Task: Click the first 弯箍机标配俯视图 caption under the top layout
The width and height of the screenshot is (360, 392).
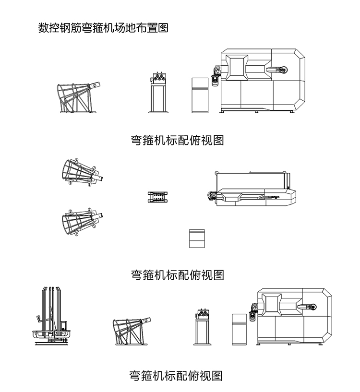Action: coord(178,140)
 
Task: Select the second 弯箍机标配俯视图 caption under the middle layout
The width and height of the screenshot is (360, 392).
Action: coord(178,274)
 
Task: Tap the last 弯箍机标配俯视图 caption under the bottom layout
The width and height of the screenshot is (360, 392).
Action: coord(176,375)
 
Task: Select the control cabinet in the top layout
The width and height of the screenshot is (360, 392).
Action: coord(200,95)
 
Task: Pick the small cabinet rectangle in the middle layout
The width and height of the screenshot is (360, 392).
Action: coord(197,238)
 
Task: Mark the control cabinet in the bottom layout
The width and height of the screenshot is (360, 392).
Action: coord(240,329)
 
